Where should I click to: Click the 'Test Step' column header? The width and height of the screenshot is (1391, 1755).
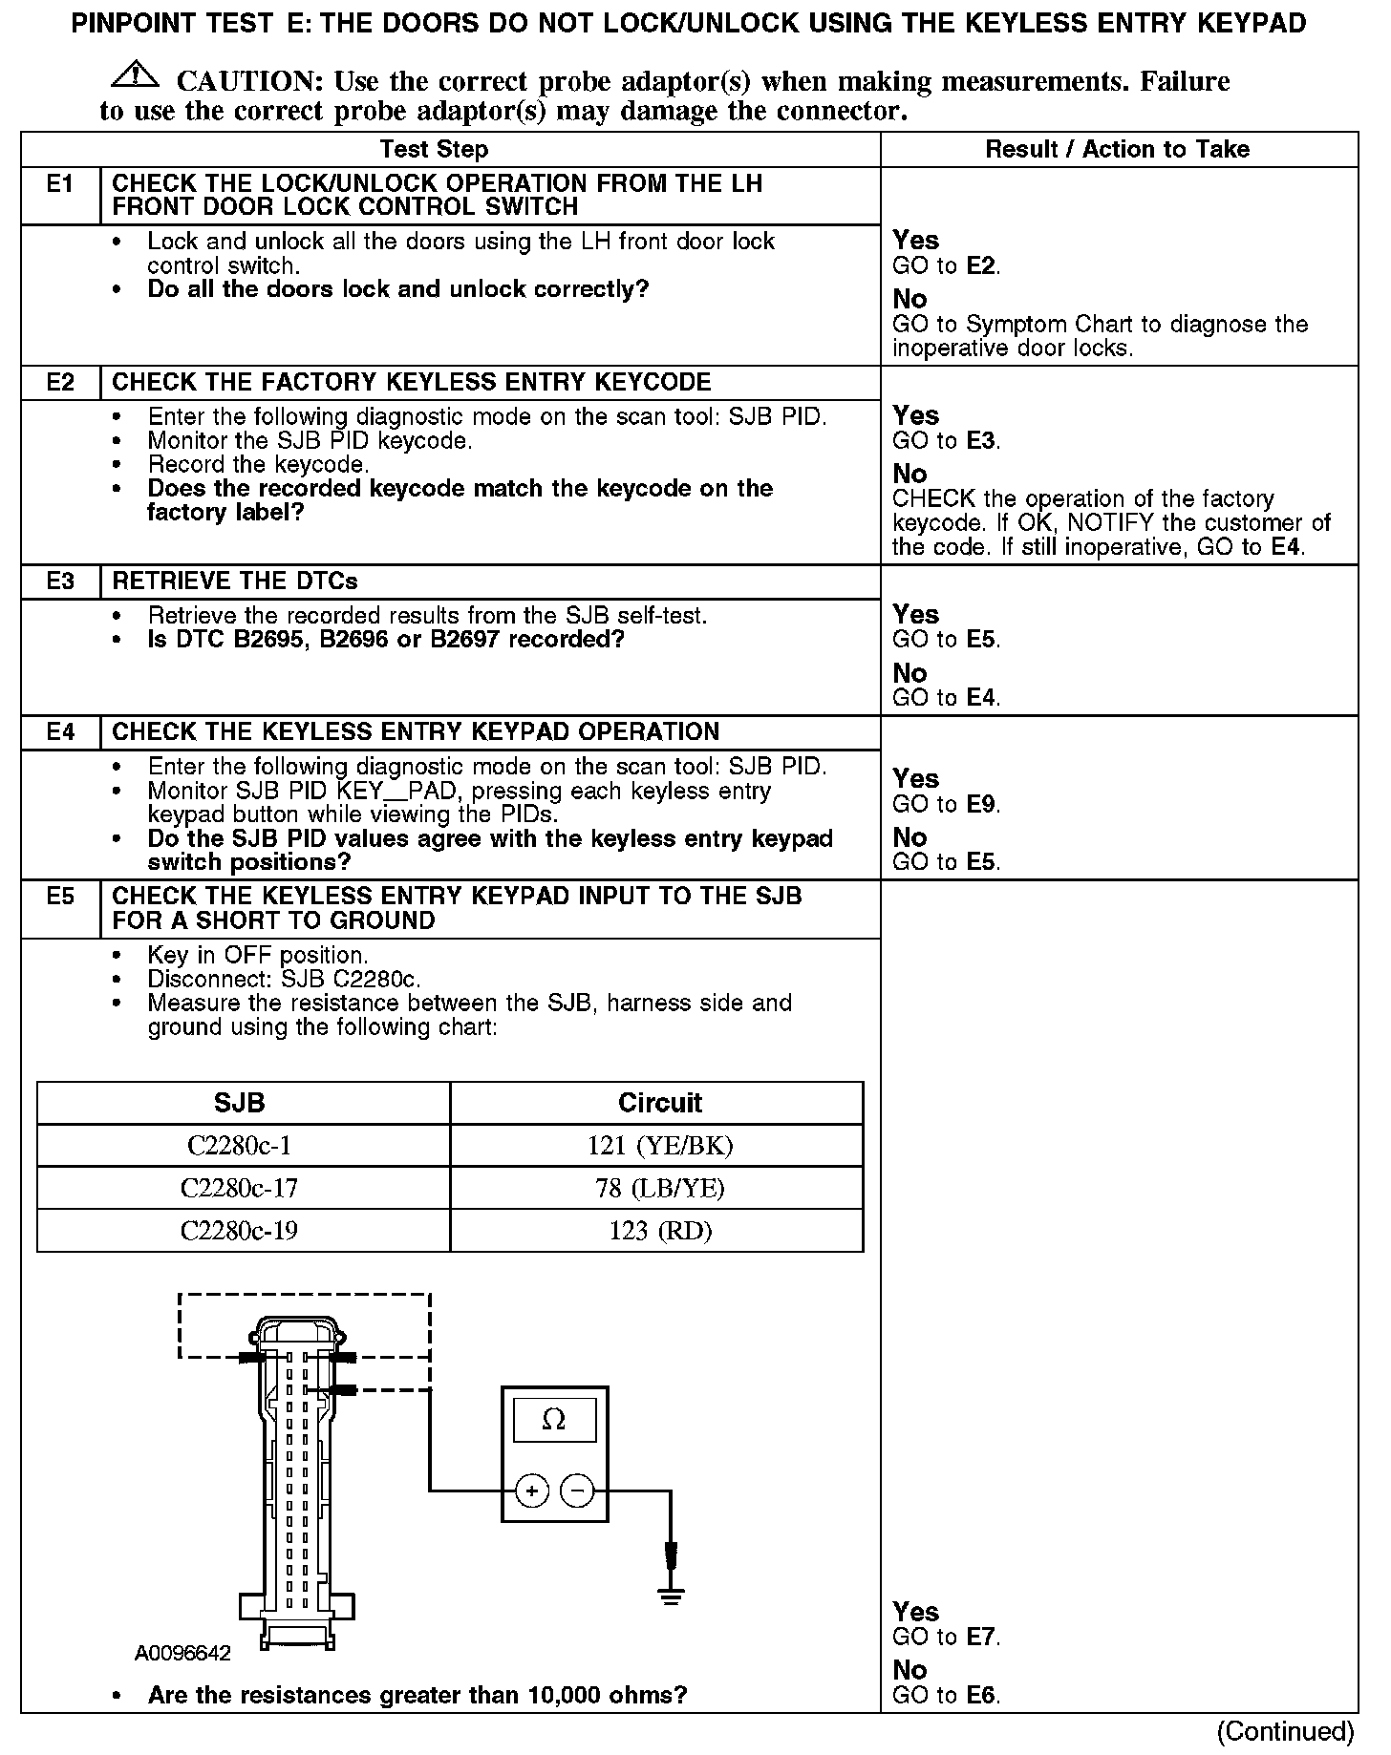(434, 150)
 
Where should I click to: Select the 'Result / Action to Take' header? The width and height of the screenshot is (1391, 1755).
(1117, 150)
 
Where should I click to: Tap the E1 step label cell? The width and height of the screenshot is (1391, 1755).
(60, 184)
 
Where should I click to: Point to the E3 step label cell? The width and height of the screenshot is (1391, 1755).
(60, 581)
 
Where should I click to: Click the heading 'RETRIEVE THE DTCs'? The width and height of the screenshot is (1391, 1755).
(235, 581)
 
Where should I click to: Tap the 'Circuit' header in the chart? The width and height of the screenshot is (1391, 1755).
(659, 1103)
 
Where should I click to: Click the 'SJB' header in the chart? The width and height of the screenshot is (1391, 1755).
(239, 1103)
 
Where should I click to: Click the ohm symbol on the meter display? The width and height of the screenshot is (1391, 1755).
(553, 1421)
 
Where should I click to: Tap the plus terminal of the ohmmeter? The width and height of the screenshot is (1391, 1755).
(532, 1491)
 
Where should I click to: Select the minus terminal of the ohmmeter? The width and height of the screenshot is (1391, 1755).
(576, 1491)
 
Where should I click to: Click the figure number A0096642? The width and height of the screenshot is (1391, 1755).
(182, 1653)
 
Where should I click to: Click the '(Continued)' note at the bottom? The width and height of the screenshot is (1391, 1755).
(1285, 1731)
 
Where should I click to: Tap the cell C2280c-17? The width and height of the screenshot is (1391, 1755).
(239, 1188)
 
